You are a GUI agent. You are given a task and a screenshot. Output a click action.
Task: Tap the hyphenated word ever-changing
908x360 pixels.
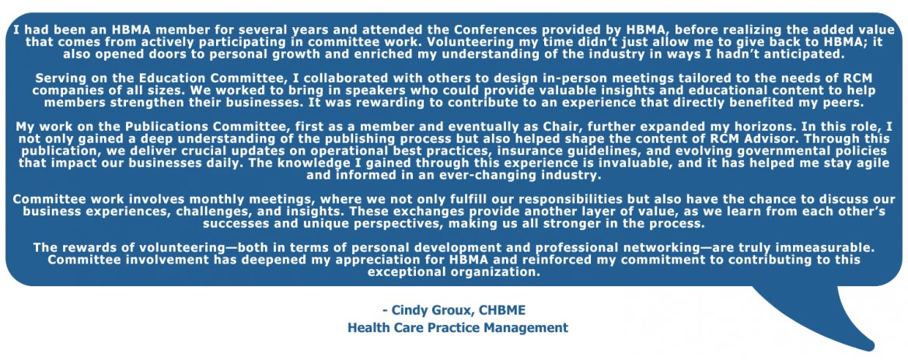coord(458,176)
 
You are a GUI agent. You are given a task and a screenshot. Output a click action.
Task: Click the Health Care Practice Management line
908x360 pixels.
coord(457,327)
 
